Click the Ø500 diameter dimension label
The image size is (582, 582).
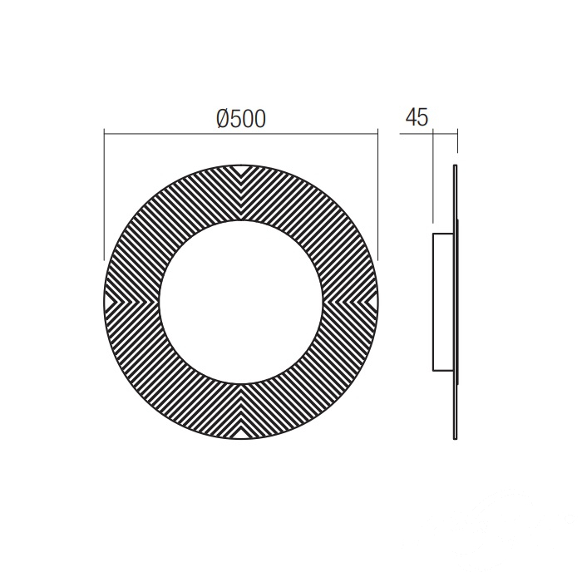coord(241,119)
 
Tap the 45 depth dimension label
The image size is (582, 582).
coord(417,117)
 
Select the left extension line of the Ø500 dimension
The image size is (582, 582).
coord(104,195)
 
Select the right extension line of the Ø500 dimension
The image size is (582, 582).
coord(377,195)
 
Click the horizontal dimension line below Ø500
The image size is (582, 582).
coord(241,133)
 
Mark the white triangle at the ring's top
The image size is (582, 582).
coord(241,170)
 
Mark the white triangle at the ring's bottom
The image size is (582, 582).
coord(241,433)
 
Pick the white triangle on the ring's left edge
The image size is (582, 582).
coord(111,303)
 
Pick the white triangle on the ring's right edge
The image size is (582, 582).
coord(372,303)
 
